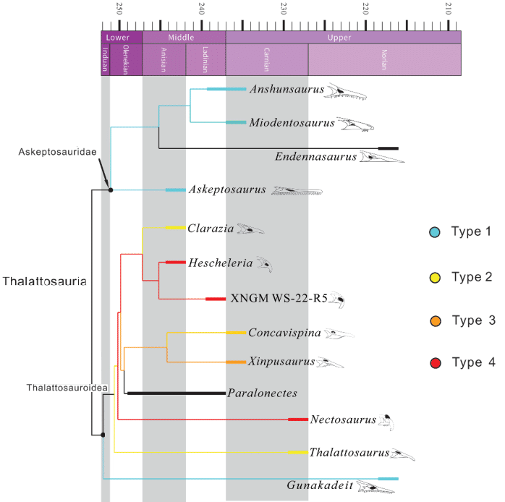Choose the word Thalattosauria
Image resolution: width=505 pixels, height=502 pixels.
point(44,281)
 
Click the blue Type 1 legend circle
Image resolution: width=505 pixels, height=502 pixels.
point(434,232)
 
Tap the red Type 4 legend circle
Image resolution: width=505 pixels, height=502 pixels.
point(434,363)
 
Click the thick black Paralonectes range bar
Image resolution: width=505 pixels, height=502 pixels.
point(176,393)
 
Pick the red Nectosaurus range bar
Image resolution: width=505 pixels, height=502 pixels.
point(297,420)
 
